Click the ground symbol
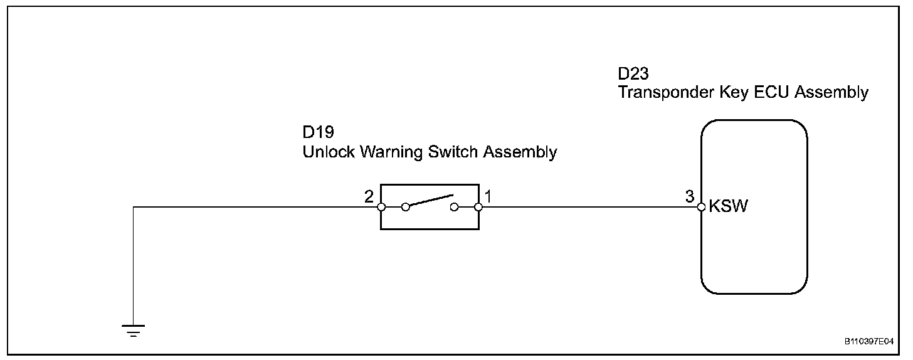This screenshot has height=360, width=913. tap(134, 331)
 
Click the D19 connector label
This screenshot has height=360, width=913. tap(318, 133)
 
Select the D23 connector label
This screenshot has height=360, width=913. tap(634, 74)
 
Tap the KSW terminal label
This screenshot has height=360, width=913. tap(728, 207)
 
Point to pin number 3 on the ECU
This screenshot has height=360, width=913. tap(690, 196)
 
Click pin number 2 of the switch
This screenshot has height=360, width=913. tap(369, 196)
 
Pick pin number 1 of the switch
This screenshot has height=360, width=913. tap(488, 196)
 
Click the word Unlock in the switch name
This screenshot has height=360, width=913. tap(328, 152)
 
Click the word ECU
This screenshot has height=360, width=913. tap(773, 93)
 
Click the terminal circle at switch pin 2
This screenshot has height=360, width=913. tap(381, 206)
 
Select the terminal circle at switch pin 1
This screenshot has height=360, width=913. tap(478, 206)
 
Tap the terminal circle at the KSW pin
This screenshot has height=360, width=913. tap(702, 206)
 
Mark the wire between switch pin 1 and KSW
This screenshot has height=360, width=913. tap(589, 206)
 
